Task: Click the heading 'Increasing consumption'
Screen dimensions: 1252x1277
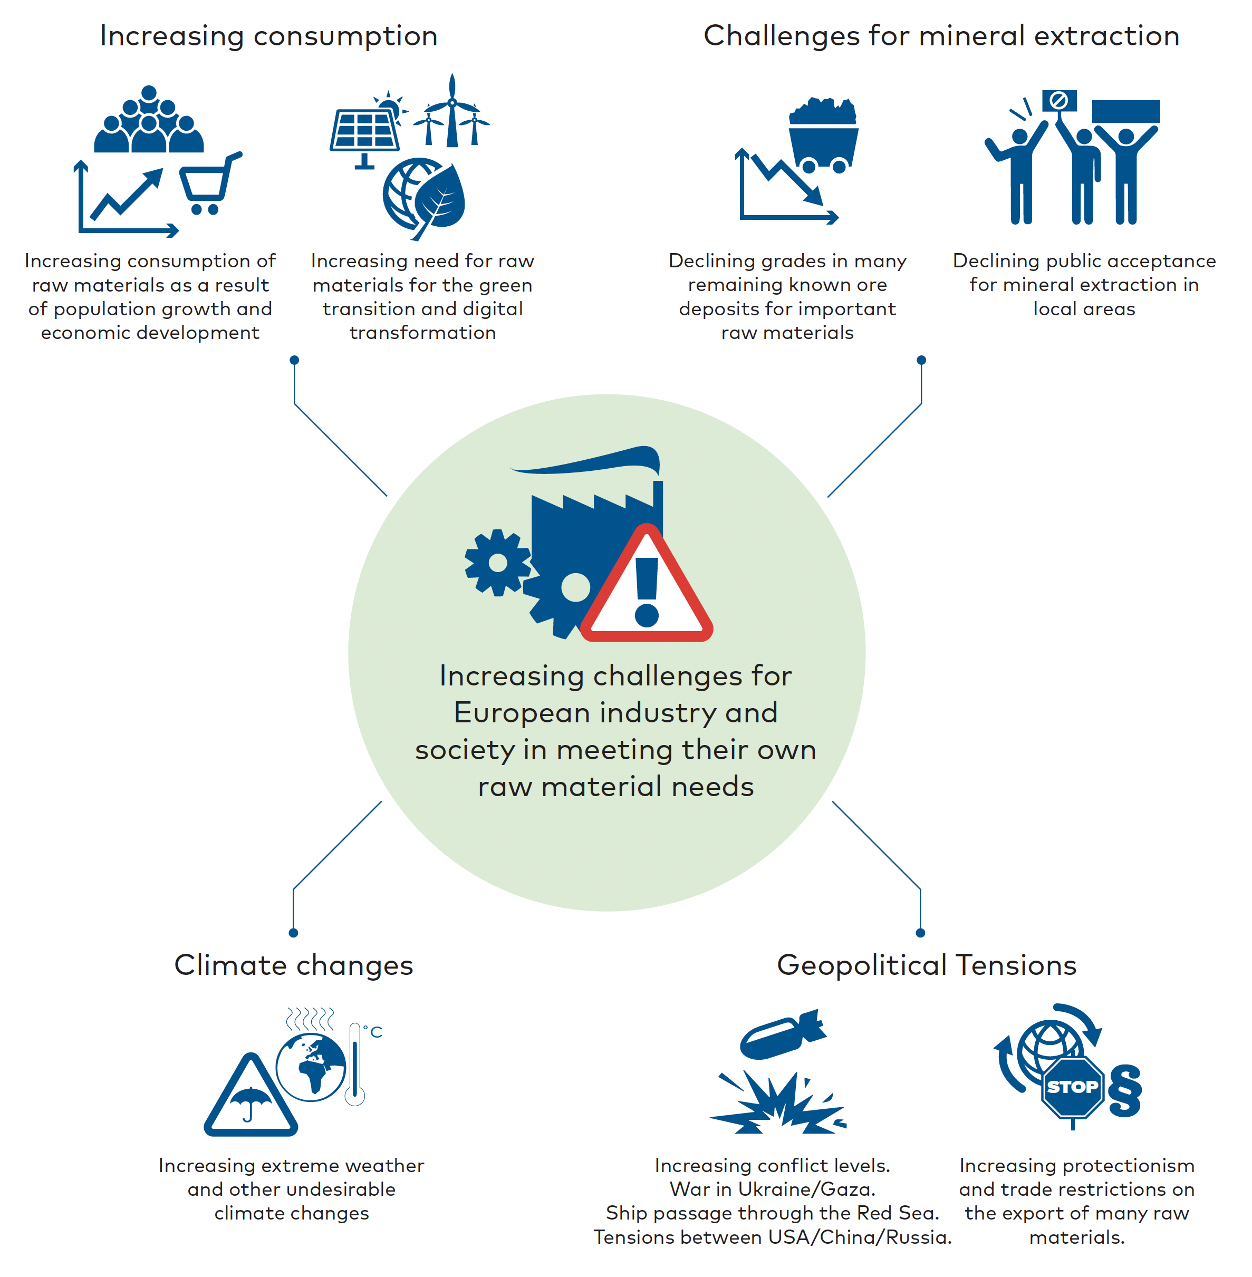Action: [268, 36]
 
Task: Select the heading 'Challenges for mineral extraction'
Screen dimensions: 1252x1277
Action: [941, 36]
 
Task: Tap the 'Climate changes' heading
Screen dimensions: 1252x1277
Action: [293, 965]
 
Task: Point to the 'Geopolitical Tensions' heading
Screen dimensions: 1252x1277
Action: [927, 965]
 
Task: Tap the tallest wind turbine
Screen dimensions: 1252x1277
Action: [452, 110]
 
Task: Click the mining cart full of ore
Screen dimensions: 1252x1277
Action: [823, 136]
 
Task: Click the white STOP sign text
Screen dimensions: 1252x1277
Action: [1073, 1087]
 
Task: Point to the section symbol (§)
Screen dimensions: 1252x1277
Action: [1124, 1090]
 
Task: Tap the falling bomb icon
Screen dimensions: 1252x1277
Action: [783, 1033]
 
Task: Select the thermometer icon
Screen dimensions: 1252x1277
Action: [355, 1064]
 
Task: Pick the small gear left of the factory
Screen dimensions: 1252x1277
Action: [498, 563]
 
